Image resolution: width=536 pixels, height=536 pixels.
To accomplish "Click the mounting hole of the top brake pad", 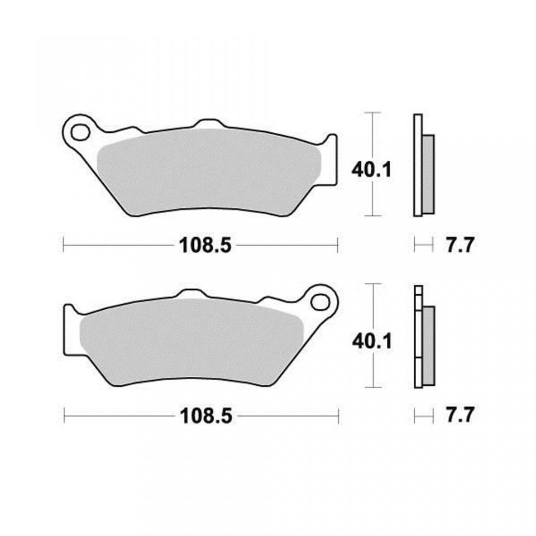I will coord(79,132).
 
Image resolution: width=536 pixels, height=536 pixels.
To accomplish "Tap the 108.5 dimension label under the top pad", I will coord(205,245).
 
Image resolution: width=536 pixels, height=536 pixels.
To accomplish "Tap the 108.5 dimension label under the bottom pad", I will coord(205,416).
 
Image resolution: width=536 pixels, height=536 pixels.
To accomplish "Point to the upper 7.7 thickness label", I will coord(460,245).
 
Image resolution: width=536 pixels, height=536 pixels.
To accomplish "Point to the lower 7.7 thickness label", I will coord(460,416).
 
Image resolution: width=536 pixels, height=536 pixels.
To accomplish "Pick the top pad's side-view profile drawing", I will coord(423,165).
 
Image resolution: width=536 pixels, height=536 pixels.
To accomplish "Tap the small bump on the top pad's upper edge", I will coord(208,123).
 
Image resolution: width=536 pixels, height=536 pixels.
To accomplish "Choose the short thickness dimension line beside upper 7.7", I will coord(423,244).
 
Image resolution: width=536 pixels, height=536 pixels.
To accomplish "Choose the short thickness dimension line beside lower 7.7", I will coord(423,415).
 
